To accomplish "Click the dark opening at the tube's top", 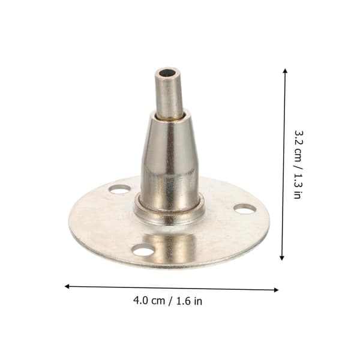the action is [167, 73].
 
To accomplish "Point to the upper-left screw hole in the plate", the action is [119, 190].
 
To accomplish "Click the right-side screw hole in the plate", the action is [245, 209].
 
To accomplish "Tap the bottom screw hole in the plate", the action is [143, 250].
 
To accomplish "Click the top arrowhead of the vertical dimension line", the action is [285, 71].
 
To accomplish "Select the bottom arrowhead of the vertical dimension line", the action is [282, 257].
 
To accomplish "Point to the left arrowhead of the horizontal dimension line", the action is [67, 286].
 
